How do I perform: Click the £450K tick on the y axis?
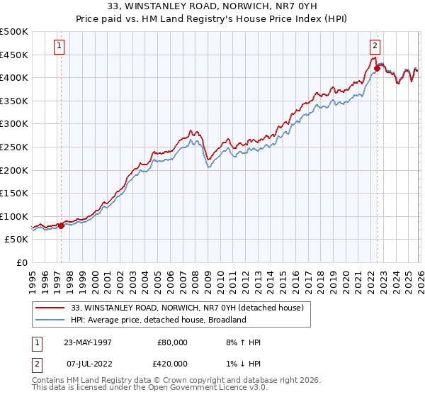point(14,55)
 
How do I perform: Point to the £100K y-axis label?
point(14,216)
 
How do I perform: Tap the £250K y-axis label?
point(14,147)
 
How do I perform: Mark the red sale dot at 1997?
point(61,225)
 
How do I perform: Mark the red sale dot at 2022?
point(377,68)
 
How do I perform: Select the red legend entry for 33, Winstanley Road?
point(188,308)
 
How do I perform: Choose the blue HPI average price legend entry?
point(157,320)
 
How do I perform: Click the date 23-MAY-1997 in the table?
point(87,342)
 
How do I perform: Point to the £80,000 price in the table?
point(171,342)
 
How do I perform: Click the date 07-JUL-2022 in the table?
point(87,362)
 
